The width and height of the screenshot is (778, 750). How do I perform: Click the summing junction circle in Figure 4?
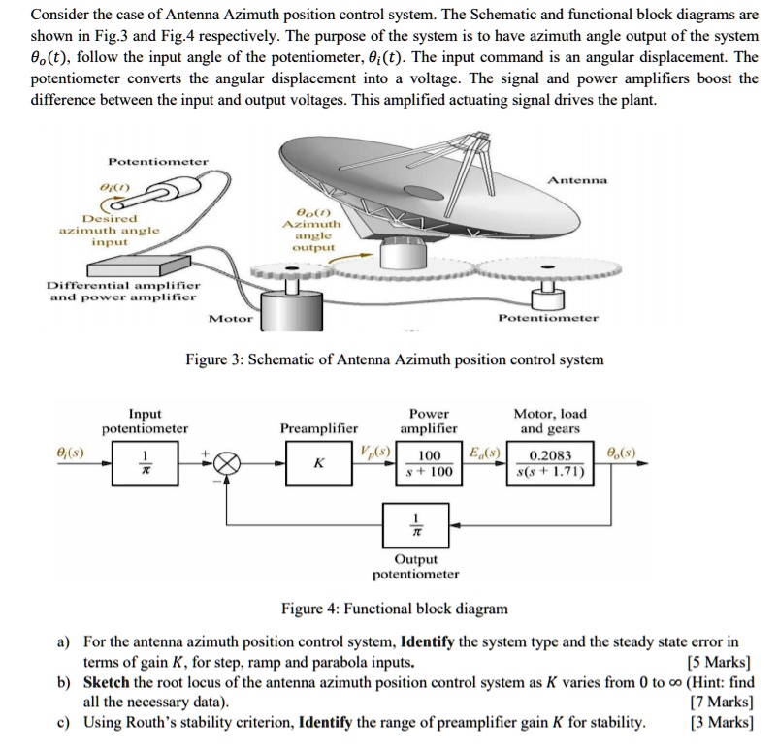[x=229, y=464]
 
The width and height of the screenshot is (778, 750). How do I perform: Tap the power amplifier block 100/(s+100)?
[x=429, y=463]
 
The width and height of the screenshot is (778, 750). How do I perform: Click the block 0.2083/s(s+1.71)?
[x=551, y=463]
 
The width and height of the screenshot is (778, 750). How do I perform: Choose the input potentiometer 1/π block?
[x=145, y=463]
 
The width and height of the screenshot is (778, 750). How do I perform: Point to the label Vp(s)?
[x=374, y=452]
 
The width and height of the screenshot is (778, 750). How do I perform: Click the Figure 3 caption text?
[x=394, y=359]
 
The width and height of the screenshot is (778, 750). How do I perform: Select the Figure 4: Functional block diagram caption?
[x=394, y=609]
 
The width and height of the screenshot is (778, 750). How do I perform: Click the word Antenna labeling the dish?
[x=578, y=180]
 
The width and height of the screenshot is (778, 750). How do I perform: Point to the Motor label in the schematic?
[x=231, y=318]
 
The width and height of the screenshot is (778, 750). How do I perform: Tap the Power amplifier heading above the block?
[x=429, y=421]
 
